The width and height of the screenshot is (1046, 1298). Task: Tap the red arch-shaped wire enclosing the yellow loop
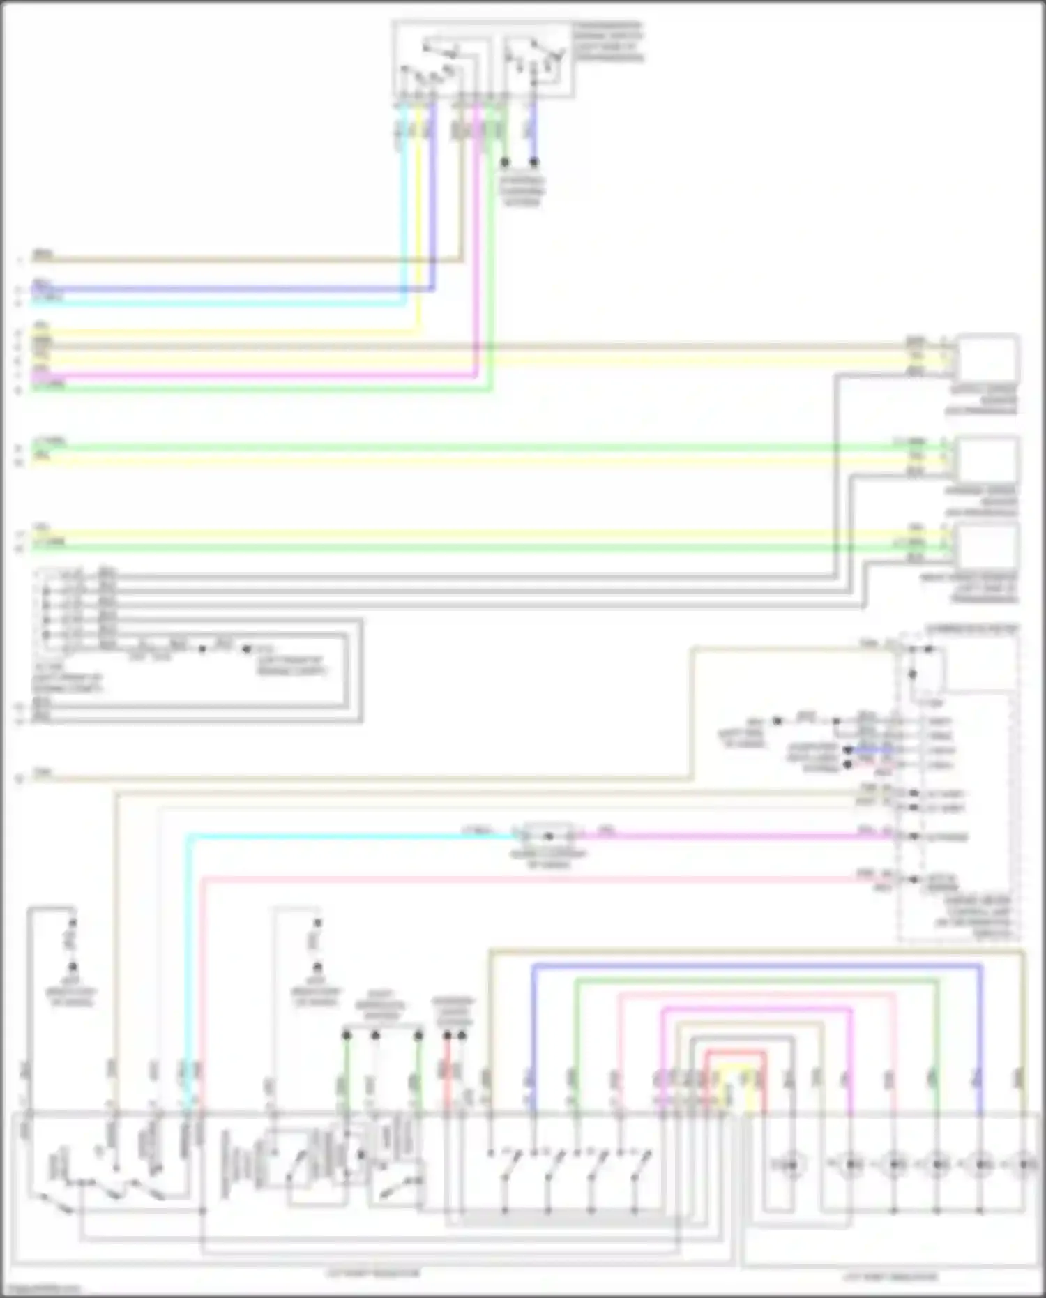point(736,1052)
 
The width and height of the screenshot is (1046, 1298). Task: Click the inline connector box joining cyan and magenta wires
point(548,835)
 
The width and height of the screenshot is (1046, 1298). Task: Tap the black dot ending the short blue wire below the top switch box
point(534,163)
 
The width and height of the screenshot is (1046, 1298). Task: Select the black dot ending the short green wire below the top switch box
point(506,163)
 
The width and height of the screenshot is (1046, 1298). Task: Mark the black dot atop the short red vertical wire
point(447,1036)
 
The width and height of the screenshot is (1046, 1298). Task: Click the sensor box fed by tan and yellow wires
point(987,358)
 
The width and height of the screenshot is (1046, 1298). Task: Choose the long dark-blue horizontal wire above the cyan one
point(230,289)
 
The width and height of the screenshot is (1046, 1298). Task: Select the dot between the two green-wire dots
point(375,1036)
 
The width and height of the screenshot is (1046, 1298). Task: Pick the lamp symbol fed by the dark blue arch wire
point(980,1164)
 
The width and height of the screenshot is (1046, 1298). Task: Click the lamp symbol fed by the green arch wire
point(937,1164)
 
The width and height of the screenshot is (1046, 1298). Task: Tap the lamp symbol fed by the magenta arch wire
point(850,1164)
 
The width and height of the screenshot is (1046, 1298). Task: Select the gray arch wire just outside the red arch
point(742,1038)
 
